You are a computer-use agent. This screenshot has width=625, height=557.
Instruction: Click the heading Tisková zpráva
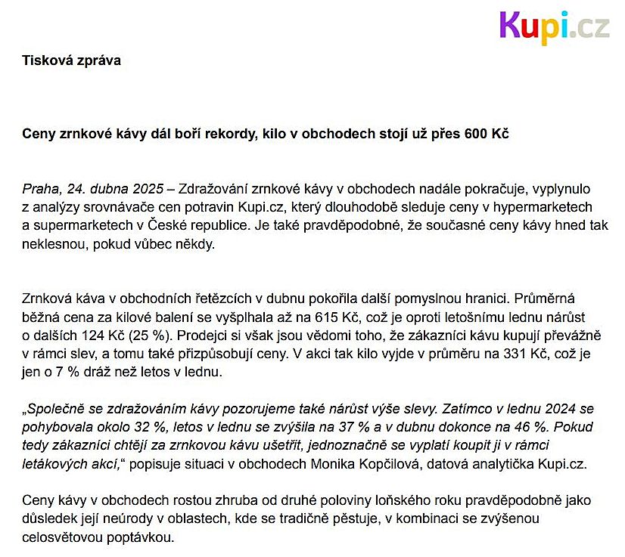(x=71, y=60)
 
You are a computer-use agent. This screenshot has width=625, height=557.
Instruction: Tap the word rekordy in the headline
(x=213, y=134)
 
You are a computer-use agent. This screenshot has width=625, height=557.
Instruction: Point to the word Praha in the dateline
(x=39, y=189)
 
